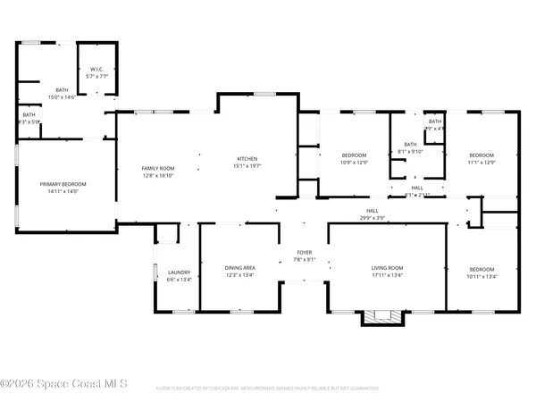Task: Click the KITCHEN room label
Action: click(247, 158)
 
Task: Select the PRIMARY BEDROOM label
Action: click(63, 184)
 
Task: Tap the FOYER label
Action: click(305, 254)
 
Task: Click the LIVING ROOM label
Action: click(388, 268)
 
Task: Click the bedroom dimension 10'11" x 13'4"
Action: click(482, 276)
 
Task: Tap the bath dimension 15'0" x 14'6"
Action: click(62, 96)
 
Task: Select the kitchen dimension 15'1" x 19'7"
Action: click(247, 165)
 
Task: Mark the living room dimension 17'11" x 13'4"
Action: click(388, 275)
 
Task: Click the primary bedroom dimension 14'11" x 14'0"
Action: click(63, 191)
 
